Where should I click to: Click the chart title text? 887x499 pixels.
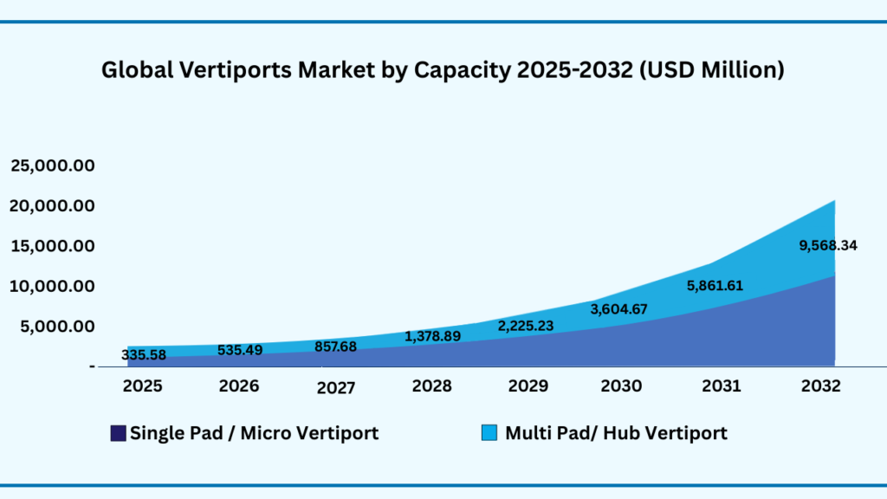click(x=443, y=70)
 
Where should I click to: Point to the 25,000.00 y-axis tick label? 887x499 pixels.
click(x=52, y=165)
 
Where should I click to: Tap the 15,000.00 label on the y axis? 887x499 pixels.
click(x=52, y=246)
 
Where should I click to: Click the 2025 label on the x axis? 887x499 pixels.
click(x=143, y=386)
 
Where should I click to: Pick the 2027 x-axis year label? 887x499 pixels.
click(x=335, y=388)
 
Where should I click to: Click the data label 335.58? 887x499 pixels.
click(x=144, y=355)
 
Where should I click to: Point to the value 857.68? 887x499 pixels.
click(x=336, y=346)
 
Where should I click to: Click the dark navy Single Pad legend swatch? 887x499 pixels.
click(x=118, y=433)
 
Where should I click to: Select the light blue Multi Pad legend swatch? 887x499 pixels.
click(x=489, y=433)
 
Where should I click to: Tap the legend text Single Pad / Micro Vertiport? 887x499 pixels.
click(x=254, y=433)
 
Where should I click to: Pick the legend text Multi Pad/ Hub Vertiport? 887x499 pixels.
click(x=616, y=433)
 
